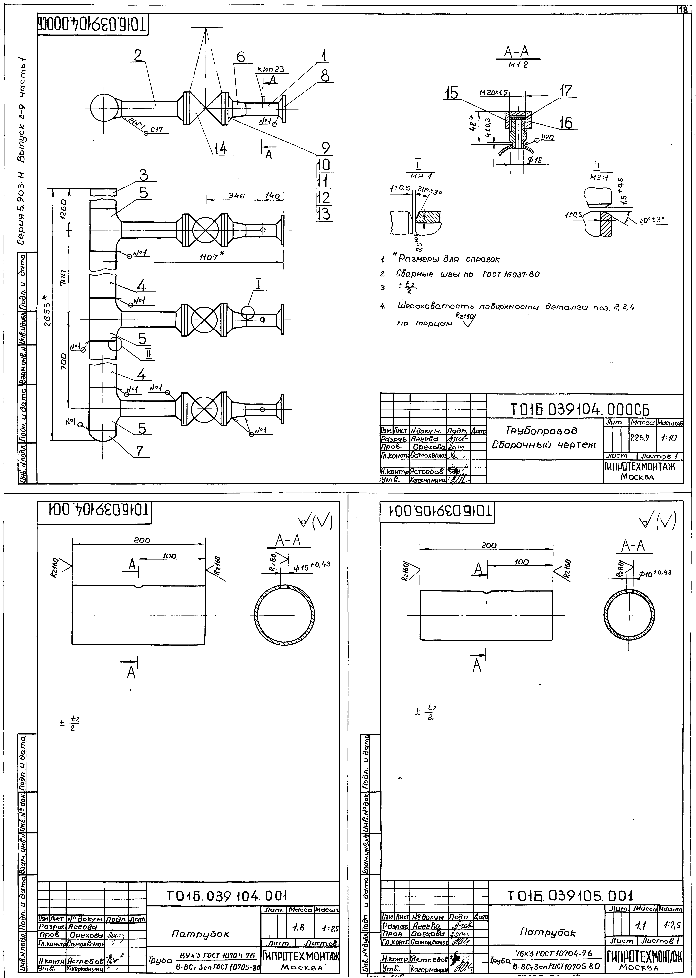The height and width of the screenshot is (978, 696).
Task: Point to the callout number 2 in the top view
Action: tap(138, 56)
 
